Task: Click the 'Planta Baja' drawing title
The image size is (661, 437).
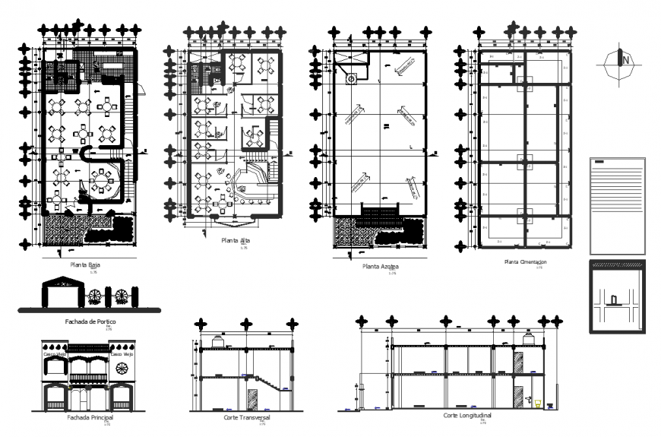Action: click(x=85, y=265)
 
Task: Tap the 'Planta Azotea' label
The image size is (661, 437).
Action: click(x=381, y=267)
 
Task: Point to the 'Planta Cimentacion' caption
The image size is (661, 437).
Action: click(x=525, y=261)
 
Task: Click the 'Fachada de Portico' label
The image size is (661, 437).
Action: click(x=90, y=321)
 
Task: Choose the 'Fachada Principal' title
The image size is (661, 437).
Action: click(x=90, y=417)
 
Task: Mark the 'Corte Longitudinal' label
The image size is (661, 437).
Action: click(x=467, y=416)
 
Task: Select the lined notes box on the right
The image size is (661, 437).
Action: click(x=616, y=204)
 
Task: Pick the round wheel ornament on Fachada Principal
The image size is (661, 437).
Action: click(x=122, y=370)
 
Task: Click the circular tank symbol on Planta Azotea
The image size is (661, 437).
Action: click(x=351, y=78)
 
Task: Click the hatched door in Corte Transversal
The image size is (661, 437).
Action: click(x=251, y=400)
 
